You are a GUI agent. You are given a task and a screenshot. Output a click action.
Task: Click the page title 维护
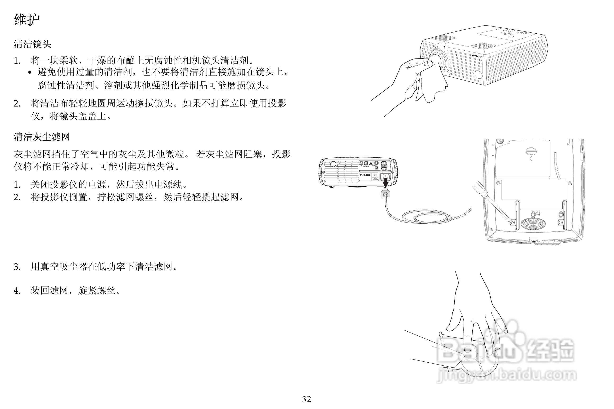coord(27,20)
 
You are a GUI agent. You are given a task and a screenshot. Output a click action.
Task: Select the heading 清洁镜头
coord(32,44)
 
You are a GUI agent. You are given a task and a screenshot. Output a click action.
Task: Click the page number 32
coord(307,399)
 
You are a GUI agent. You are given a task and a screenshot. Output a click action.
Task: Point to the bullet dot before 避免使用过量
coord(30,72)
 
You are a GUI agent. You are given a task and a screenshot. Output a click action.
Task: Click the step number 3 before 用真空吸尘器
coord(17,267)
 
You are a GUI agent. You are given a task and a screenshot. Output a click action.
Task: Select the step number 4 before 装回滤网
coord(17,291)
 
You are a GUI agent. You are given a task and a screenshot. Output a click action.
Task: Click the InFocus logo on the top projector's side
coord(477,56)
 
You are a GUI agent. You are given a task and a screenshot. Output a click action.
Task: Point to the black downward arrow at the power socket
coord(385,182)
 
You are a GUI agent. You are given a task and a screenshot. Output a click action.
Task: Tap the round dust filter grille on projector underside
coord(533,223)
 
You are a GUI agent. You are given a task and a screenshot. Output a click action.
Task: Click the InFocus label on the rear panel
coord(365,175)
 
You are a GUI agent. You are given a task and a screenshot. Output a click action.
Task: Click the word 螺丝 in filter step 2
coord(144,197)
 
